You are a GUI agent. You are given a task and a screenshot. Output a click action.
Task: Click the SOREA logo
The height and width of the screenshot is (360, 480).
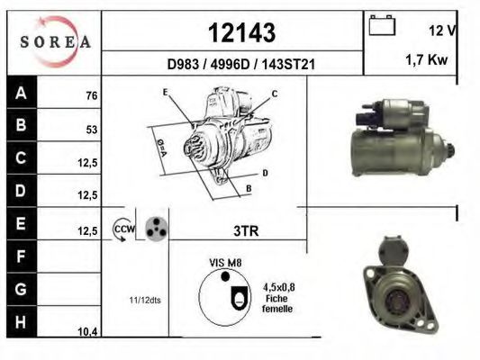tap(55, 41)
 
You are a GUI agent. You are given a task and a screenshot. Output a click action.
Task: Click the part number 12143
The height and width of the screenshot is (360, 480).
tap(241, 32)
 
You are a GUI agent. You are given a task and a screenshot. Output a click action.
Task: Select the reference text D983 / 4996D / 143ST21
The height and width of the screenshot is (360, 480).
tap(241, 64)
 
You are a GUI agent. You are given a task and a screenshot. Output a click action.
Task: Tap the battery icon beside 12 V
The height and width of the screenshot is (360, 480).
tap(382, 25)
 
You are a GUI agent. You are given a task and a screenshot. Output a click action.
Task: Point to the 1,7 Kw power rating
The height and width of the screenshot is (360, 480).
tap(427, 59)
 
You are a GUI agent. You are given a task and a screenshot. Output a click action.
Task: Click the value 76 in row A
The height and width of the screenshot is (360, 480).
tap(92, 95)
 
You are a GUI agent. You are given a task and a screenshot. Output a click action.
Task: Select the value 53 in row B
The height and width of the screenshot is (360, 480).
tap(92, 130)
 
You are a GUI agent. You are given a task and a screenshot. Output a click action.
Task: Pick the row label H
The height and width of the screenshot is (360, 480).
tap(21, 322)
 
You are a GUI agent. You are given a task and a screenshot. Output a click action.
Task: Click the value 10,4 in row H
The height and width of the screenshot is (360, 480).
tap(87, 331)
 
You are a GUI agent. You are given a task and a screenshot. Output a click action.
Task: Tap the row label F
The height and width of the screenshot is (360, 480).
tap(21, 256)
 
